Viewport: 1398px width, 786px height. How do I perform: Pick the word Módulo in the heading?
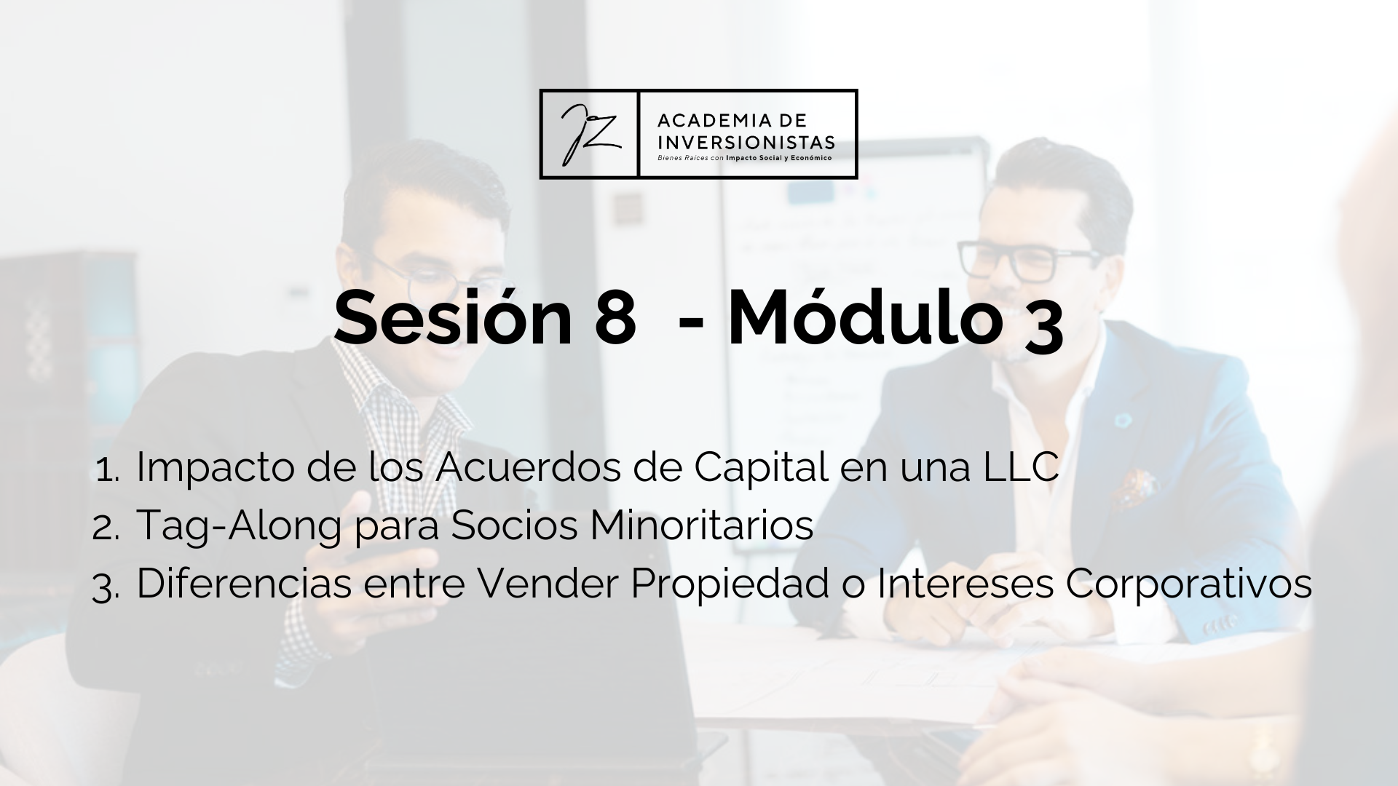[862, 317]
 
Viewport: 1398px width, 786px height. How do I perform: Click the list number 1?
[107, 471]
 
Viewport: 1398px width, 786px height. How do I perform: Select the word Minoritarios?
[701, 525]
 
